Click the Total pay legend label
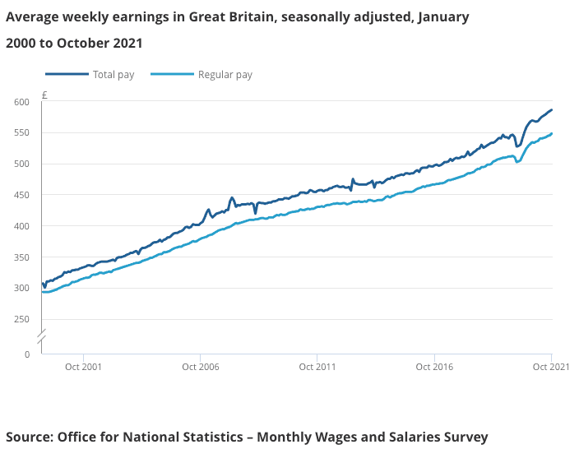(x=113, y=75)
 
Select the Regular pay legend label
(x=225, y=75)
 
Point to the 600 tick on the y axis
(x=21, y=102)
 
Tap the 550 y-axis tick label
(x=21, y=133)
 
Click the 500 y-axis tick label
(x=21, y=164)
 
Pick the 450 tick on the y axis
(x=21, y=196)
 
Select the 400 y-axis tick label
(x=21, y=227)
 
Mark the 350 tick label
(x=21, y=258)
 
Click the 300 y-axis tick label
(x=21, y=289)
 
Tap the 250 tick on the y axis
(x=21, y=320)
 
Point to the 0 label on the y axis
(x=27, y=354)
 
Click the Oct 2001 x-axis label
(x=83, y=367)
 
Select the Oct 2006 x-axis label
(x=200, y=367)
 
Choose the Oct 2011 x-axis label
(x=317, y=367)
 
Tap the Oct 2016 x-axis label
(x=434, y=367)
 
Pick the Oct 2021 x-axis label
(x=551, y=367)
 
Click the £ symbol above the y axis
(x=44, y=95)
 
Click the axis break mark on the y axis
(x=41, y=336)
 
